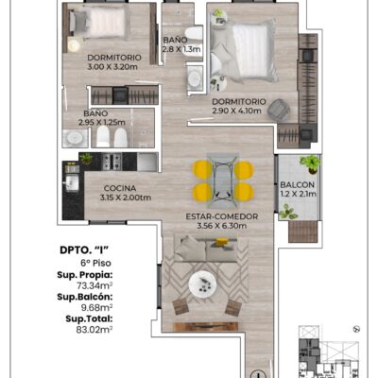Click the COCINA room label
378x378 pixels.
click(120, 188)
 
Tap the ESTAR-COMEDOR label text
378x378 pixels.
click(222, 216)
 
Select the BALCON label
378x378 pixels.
click(297, 185)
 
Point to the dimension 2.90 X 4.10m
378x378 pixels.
click(236, 111)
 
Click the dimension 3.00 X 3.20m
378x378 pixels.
click(112, 67)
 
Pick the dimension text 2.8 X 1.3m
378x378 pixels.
click(181, 49)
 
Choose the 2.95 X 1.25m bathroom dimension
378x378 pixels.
click(102, 122)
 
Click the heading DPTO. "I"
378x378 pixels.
click(84, 250)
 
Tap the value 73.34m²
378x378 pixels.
click(94, 285)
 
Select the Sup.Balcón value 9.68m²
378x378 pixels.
click(96, 307)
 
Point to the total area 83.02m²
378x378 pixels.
click(94, 330)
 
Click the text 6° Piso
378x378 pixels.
click(95, 263)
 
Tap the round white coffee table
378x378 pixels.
click(202, 284)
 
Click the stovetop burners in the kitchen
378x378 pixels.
click(112, 161)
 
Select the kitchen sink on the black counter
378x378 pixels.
click(71, 183)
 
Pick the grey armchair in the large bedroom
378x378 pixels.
click(279, 110)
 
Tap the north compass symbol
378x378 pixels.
click(357, 329)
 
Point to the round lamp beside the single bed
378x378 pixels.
click(75, 45)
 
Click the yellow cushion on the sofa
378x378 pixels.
click(221, 242)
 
